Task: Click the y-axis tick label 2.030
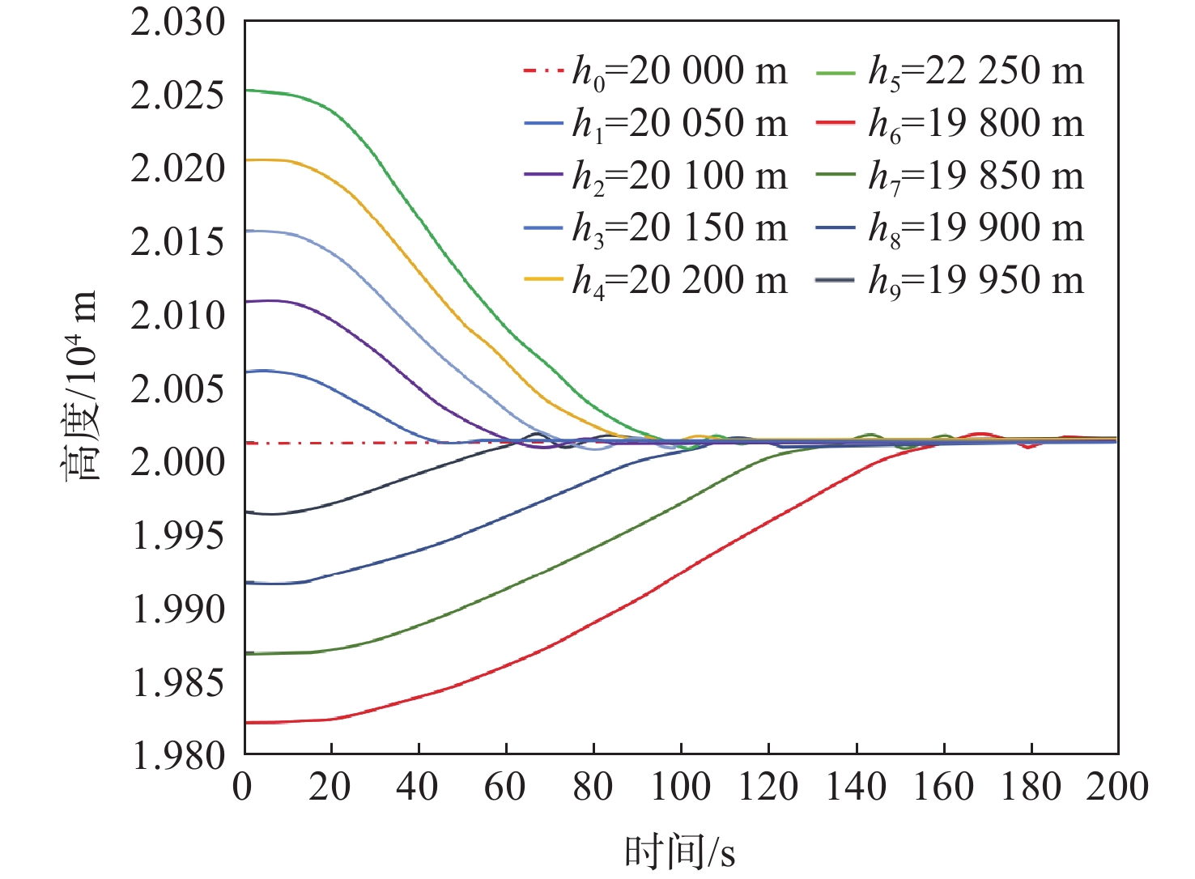coord(178,22)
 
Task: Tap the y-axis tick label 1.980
coord(178,755)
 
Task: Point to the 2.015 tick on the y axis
coord(178,242)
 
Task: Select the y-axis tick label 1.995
coord(178,535)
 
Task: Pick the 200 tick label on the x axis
coord(1117,787)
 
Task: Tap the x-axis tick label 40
coord(418,787)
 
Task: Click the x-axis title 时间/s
coord(680,851)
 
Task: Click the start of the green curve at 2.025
coord(246,90)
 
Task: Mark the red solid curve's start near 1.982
coord(246,722)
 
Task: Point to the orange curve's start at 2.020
coord(246,160)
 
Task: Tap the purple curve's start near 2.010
coord(246,301)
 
